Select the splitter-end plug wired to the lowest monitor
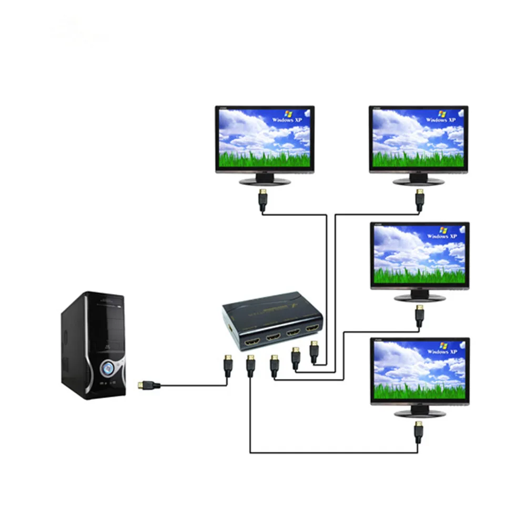coord(250,366)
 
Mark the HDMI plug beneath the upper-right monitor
coord(420,200)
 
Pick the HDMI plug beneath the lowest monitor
coord(419,431)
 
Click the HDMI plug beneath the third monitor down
coord(419,316)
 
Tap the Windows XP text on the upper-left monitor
coord(286,120)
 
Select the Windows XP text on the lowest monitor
coord(441,351)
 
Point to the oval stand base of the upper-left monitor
coord(265,181)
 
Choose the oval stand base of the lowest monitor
coord(419,413)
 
